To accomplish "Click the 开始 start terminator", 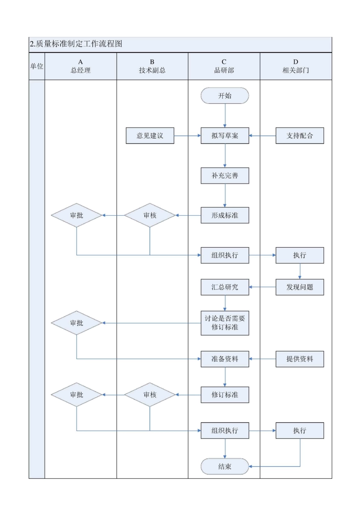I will click(224, 96).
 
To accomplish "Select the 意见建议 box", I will click(150, 136).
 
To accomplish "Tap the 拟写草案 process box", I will click(224, 136).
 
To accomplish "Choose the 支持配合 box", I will click(300, 136).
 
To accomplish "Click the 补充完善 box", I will click(224, 176).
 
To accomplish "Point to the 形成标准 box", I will click(224, 215).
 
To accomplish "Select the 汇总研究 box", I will click(224, 287).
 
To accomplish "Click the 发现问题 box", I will click(300, 287).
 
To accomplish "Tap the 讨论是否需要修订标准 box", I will click(224, 323).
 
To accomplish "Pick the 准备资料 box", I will click(224, 359).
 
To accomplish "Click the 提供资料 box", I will click(300, 359).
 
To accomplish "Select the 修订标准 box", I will click(224, 395).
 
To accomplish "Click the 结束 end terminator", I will click(224, 466).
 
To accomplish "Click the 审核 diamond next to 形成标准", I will click(150, 215).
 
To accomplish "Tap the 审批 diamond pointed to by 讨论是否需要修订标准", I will click(77, 323).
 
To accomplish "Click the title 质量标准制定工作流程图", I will click(76, 44).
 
